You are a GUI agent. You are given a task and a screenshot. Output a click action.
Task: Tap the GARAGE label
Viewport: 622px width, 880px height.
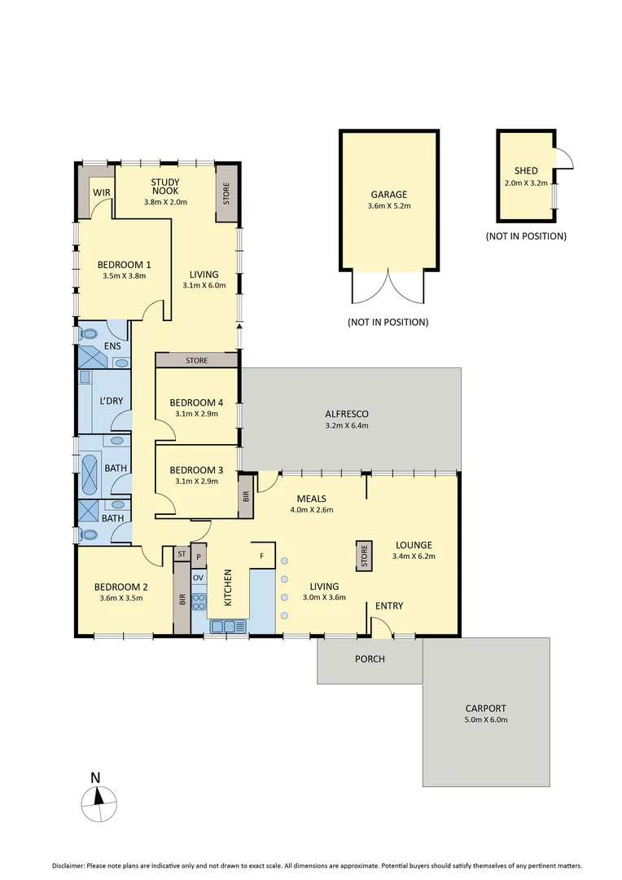point(388,195)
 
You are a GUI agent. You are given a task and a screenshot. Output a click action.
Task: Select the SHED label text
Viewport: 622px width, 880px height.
point(526,170)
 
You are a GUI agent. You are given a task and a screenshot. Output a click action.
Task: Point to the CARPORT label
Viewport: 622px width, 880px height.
point(486,708)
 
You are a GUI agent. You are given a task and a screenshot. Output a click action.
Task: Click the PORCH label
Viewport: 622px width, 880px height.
point(370,658)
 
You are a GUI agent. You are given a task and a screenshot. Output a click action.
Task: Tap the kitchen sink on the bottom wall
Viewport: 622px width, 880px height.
point(227,626)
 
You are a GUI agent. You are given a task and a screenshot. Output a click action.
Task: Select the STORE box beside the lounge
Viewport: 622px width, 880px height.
point(365,557)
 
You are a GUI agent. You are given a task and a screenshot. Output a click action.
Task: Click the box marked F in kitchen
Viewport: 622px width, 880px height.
point(261,555)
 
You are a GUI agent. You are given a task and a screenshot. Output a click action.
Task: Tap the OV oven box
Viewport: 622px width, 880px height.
point(198,577)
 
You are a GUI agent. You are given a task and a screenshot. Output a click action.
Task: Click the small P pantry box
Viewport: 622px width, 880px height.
point(198,555)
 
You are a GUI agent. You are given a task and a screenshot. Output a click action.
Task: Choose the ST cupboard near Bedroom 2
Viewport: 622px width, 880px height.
point(182,554)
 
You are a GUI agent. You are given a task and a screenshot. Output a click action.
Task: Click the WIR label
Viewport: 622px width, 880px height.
point(102,192)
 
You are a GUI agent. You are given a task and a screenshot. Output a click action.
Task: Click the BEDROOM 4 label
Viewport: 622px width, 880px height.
point(195,403)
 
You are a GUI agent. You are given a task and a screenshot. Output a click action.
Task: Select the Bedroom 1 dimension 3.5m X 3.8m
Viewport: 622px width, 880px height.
point(124,276)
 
